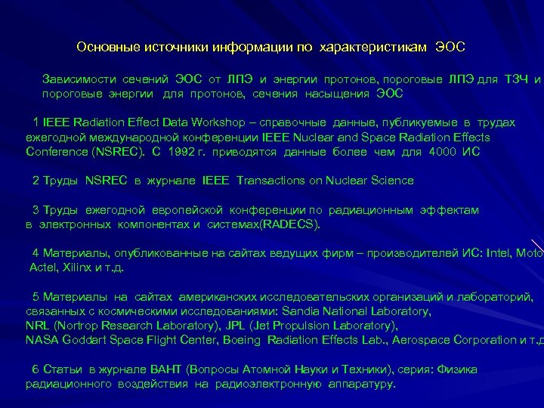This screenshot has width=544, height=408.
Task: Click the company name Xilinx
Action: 77,267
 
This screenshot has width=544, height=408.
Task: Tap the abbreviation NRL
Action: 36,326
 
